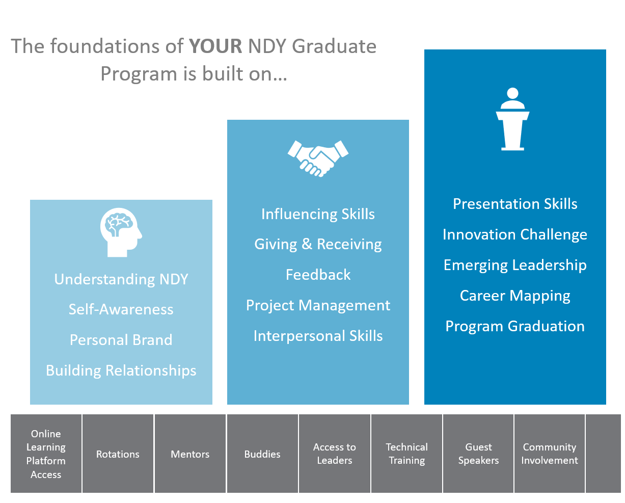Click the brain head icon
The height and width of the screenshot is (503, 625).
click(x=121, y=232)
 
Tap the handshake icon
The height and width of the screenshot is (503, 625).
click(x=318, y=158)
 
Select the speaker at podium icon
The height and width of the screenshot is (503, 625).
click(x=512, y=119)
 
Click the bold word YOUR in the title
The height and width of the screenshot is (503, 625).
click(x=215, y=46)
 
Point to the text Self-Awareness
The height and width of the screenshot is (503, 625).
click(x=121, y=309)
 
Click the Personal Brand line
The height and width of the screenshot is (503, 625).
click(x=121, y=340)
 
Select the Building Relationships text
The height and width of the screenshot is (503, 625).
click(x=121, y=371)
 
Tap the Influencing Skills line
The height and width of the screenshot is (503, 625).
click(x=318, y=215)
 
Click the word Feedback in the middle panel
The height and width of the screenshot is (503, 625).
click(x=318, y=275)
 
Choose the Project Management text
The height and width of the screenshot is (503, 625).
click(x=318, y=306)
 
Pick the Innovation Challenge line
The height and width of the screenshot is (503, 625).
click(x=514, y=234)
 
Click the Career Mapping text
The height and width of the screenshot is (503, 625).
click(x=514, y=296)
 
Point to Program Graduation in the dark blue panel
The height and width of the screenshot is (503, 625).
click(x=514, y=327)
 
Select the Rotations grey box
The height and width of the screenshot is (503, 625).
click(x=118, y=454)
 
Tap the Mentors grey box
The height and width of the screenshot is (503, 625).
click(x=190, y=454)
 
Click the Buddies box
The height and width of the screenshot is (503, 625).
click(x=262, y=454)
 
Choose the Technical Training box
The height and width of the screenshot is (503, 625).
click(x=406, y=454)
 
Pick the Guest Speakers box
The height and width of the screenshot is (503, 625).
click(x=478, y=454)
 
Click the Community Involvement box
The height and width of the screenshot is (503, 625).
click(x=549, y=454)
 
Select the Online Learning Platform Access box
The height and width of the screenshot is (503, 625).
click(x=46, y=454)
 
